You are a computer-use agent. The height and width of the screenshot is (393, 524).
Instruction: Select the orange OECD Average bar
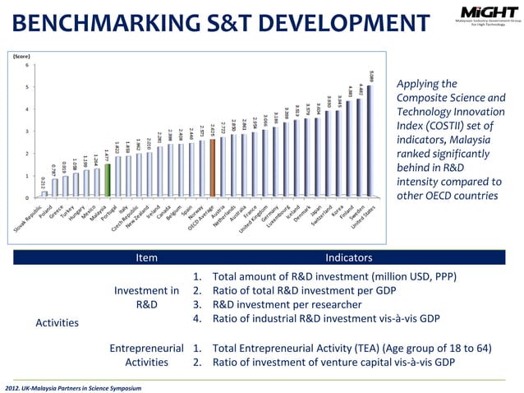pyautogui.click(x=213, y=169)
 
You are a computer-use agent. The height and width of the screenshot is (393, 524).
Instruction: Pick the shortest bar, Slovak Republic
pyautogui.click(x=44, y=194)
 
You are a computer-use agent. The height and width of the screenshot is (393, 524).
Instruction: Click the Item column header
pyautogui.click(x=146, y=258)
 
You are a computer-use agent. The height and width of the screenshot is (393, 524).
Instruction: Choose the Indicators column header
pyautogui.click(x=349, y=258)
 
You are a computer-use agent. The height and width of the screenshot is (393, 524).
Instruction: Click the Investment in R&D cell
pyautogui.click(x=146, y=297)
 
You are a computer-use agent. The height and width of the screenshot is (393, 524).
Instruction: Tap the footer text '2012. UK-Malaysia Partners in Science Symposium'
pyautogui.click(x=73, y=386)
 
